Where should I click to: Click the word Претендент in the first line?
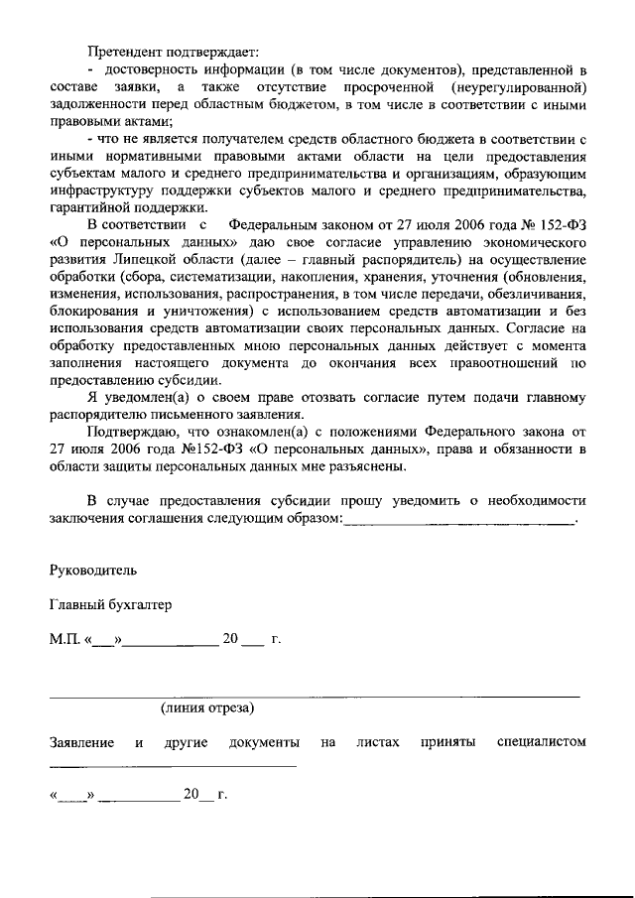(x=124, y=51)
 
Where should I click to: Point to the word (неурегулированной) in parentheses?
(x=520, y=89)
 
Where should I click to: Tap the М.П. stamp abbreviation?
(x=66, y=639)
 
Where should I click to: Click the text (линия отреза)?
(x=207, y=707)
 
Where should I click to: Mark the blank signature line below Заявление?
(x=173, y=765)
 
